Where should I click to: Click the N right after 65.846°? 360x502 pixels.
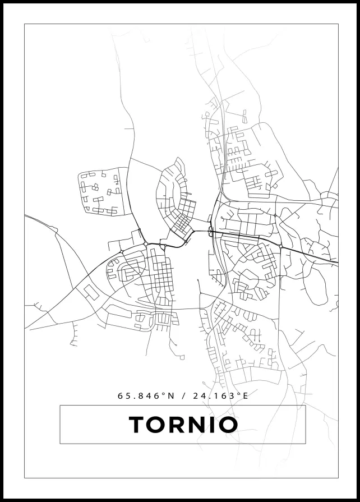click(170, 395)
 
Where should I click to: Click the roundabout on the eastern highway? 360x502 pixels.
click(280, 246)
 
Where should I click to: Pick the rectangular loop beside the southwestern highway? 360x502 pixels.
click(89, 291)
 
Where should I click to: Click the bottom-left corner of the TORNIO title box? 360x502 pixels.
click(60, 444)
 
